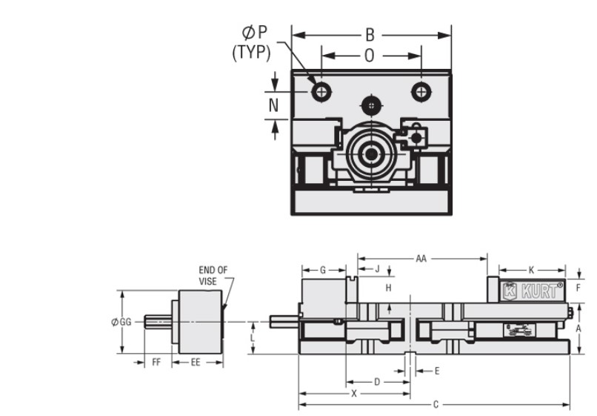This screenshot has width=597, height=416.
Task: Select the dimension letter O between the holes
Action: [x=369, y=55]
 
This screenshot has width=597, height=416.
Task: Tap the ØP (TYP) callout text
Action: [x=251, y=42]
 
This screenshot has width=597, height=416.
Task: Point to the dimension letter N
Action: [x=274, y=105]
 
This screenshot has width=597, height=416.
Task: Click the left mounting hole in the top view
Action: [x=321, y=92]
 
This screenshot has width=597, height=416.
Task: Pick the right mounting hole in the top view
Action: [x=421, y=92]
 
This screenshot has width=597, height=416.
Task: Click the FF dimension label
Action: [x=156, y=363]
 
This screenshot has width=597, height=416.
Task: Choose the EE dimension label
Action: [x=196, y=363]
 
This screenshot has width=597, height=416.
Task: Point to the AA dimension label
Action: [x=421, y=258]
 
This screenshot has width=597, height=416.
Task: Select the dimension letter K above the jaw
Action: [x=531, y=270]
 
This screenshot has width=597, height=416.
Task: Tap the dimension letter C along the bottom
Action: [x=436, y=405]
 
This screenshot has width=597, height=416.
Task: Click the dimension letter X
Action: [x=354, y=394]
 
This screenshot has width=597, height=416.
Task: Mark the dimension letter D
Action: [x=376, y=382]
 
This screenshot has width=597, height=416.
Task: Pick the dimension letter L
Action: [x=253, y=337]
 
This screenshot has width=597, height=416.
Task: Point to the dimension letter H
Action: [x=388, y=287]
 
